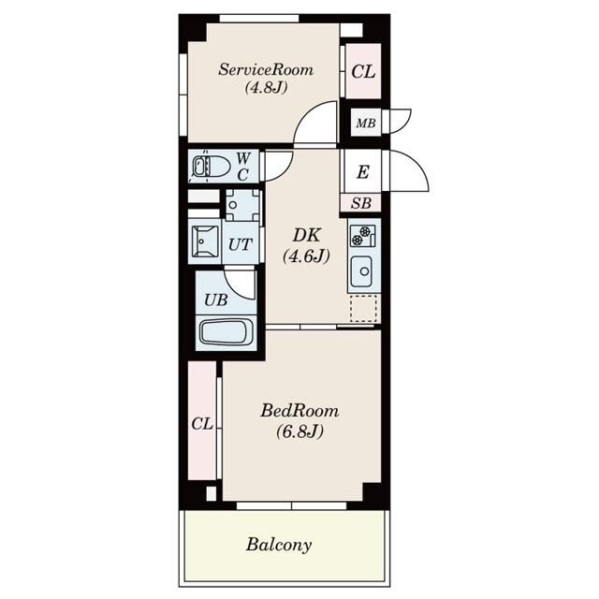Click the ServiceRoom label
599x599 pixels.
(x=266, y=70)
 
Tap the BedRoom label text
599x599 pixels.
(x=299, y=411)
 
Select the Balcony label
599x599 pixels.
(x=279, y=545)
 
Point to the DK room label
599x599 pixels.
(x=306, y=235)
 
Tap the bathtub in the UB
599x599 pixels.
(x=226, y=333)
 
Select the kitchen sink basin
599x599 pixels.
(x=361, y=271)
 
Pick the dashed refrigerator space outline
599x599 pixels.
(x=363, y=308)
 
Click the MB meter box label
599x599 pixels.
(x=366, y=124)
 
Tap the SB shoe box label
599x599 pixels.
(x=361, y=203)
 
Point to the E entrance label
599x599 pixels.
(x=363, y=172)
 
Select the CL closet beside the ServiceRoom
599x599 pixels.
(x=363, y=71)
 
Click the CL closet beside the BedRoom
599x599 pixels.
(x=202, y=420)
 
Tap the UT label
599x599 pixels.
(x=241, y=244)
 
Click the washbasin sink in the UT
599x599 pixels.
(x=205, y=241)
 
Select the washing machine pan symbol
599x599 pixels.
(x=242, y=205)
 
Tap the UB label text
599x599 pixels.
(x=216, y=300)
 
